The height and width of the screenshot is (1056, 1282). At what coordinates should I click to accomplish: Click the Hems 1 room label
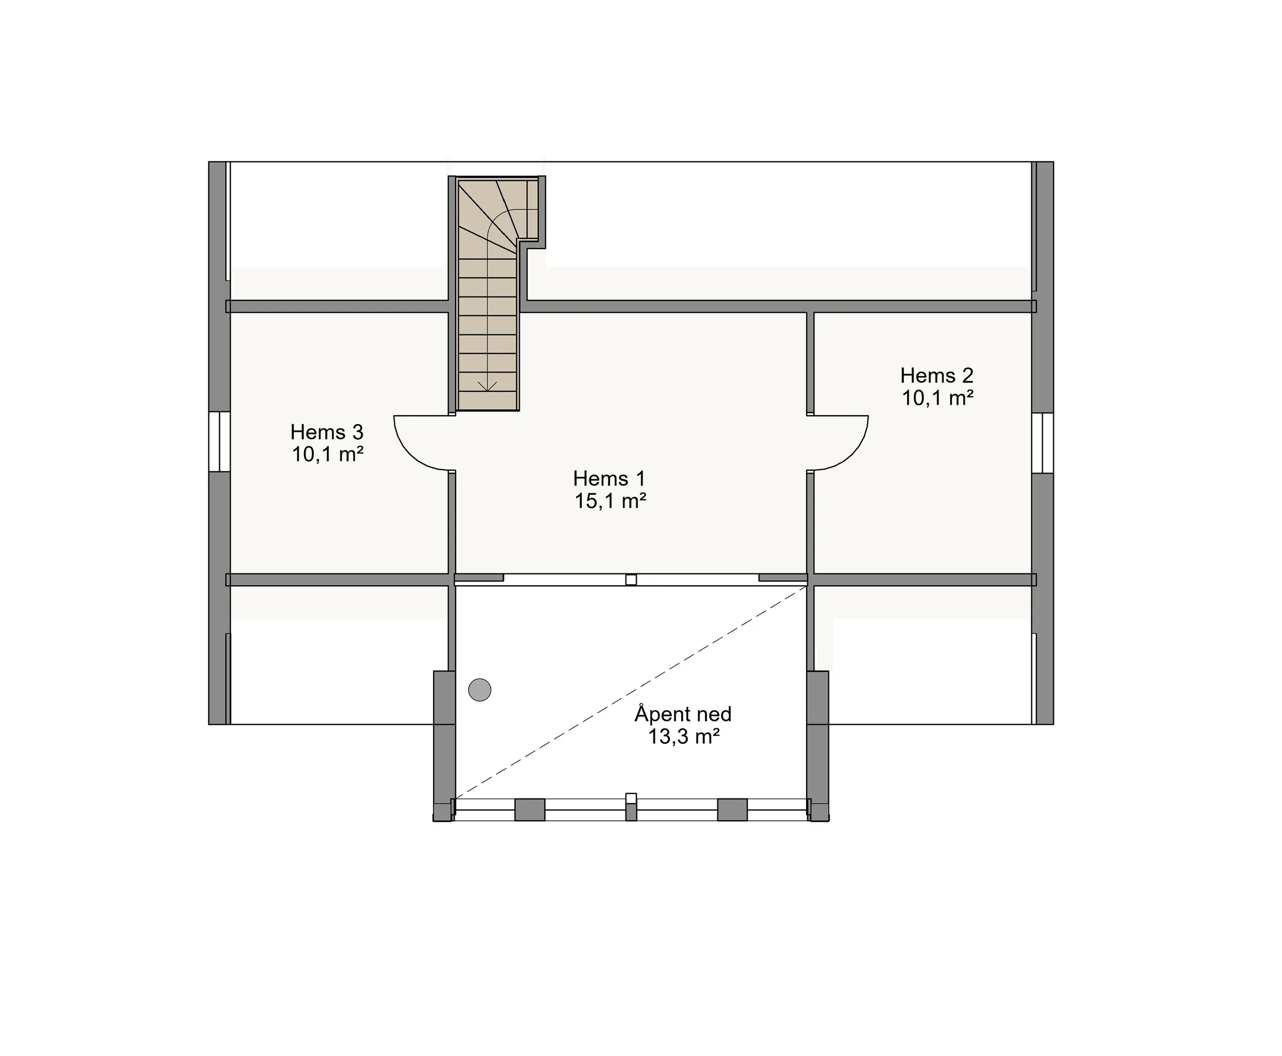tap(609, 478)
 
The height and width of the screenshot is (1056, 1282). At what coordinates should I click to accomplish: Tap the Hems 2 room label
tap(937, 375)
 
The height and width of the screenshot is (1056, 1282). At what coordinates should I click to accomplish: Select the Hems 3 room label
tap(326, 432)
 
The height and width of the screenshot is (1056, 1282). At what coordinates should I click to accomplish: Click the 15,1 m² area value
tap(611, 501)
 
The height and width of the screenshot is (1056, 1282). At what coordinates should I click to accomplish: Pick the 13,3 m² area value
tap(684, 736)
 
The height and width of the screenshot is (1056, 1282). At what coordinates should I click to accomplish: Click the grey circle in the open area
tap(480, 690)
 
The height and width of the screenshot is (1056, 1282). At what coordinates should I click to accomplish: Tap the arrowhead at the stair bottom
tap(488, 386)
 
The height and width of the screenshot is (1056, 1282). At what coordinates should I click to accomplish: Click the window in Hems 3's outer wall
tap(220, 442)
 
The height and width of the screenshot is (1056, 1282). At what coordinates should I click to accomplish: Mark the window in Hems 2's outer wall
tap(1043, 443)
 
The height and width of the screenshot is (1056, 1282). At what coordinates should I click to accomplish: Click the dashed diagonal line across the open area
tap(631, 692)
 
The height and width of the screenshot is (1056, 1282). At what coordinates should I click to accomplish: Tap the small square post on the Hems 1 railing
tap(631, 580)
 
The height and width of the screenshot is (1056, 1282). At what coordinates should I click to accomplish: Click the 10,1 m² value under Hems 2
tap(938, 398)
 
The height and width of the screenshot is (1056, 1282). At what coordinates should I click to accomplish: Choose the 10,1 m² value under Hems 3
tap(327, 454)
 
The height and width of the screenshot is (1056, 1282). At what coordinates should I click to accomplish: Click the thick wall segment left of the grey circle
tap(444, 745)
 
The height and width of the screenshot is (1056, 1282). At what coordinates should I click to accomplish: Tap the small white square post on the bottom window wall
tap(631, 799)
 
